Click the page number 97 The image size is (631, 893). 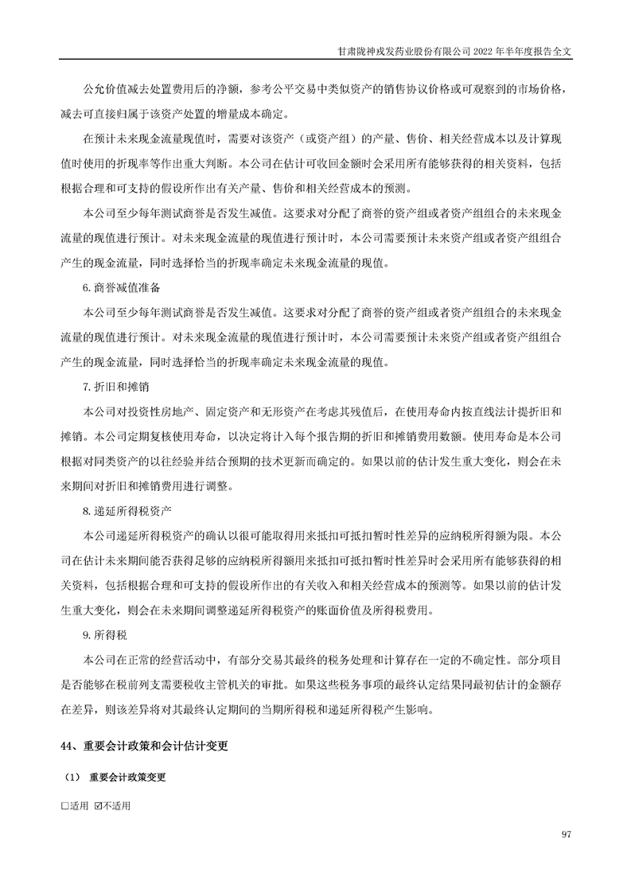click(x=567, y=834)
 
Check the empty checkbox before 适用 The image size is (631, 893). click(x=65, y=805)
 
